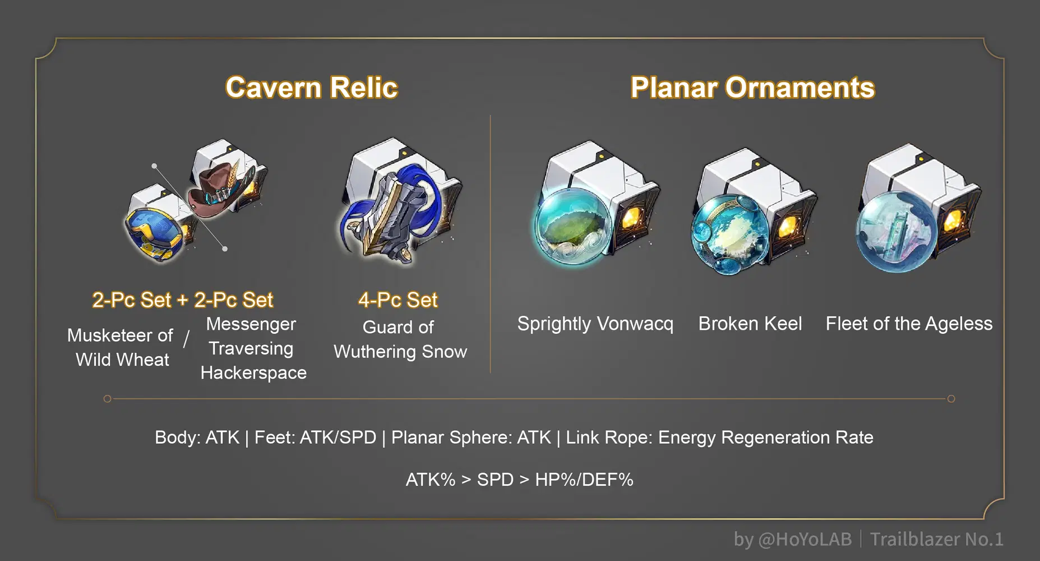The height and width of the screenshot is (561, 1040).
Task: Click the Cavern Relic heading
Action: (x=312, y=88)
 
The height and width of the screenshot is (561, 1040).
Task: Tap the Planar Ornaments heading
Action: (x=752, y=88)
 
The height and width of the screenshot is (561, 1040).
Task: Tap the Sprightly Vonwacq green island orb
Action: (x=572, y=224)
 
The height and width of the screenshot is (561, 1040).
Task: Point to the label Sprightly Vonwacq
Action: (x=595, y=324)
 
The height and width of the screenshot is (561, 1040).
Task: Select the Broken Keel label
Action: (x=750, y=324)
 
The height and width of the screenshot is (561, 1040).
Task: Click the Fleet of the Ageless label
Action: (x=909, y=324)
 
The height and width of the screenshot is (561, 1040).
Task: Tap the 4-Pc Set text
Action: (x=397, y=300)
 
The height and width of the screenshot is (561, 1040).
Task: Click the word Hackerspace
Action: (x=253, y=373)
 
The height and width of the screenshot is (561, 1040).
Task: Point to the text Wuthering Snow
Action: (x=400, y=352)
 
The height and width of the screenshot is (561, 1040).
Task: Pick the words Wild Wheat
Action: (x=122, y=360)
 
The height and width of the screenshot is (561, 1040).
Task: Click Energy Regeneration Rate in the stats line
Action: (x=765, y=437)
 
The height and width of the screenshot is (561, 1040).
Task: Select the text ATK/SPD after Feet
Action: (x=338, y=437)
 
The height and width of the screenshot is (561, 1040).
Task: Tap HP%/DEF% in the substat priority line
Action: (x=584, y=480)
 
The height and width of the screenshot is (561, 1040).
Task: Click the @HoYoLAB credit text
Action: (x=804, y=539)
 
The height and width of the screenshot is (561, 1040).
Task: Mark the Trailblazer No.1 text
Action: (x=936, y=539)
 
